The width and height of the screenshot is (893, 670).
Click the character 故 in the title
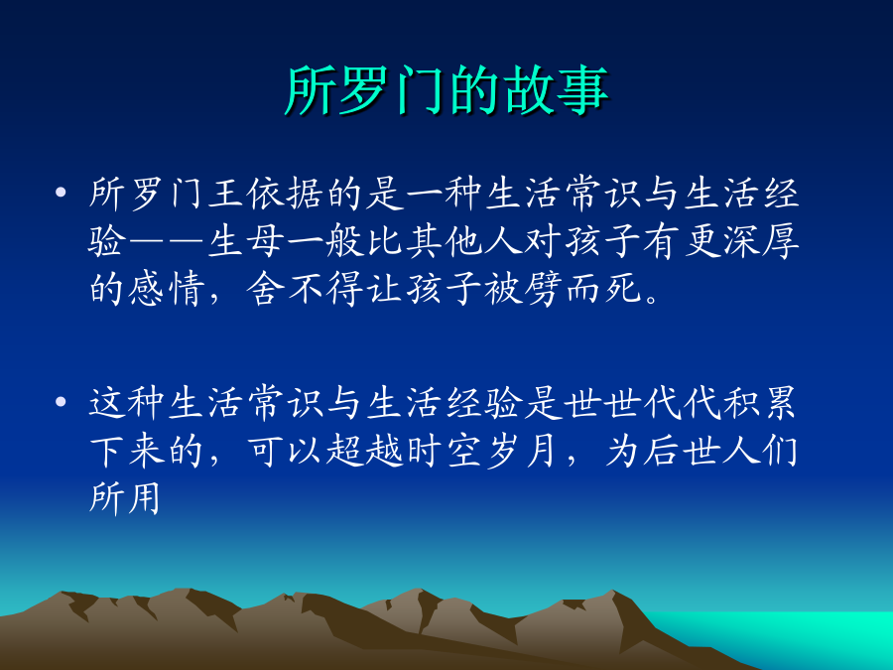(529, 91)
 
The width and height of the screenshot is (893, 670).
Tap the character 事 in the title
(582, 91)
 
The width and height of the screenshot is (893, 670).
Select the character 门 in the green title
(421, 91)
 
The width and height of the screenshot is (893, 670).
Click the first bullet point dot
(61, 192)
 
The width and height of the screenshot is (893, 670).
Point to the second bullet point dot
(61, 402)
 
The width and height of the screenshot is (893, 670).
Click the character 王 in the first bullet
(226, 194)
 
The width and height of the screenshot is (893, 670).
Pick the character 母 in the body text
(265, 241)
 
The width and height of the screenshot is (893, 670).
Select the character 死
(623, 289)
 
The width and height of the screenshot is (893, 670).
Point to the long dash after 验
(167, 241)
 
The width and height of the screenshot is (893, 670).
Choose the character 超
(344, 452)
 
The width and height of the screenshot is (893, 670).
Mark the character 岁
(503, 452)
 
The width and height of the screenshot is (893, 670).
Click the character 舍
(265, 289)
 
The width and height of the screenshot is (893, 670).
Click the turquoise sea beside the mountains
(798, 632)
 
